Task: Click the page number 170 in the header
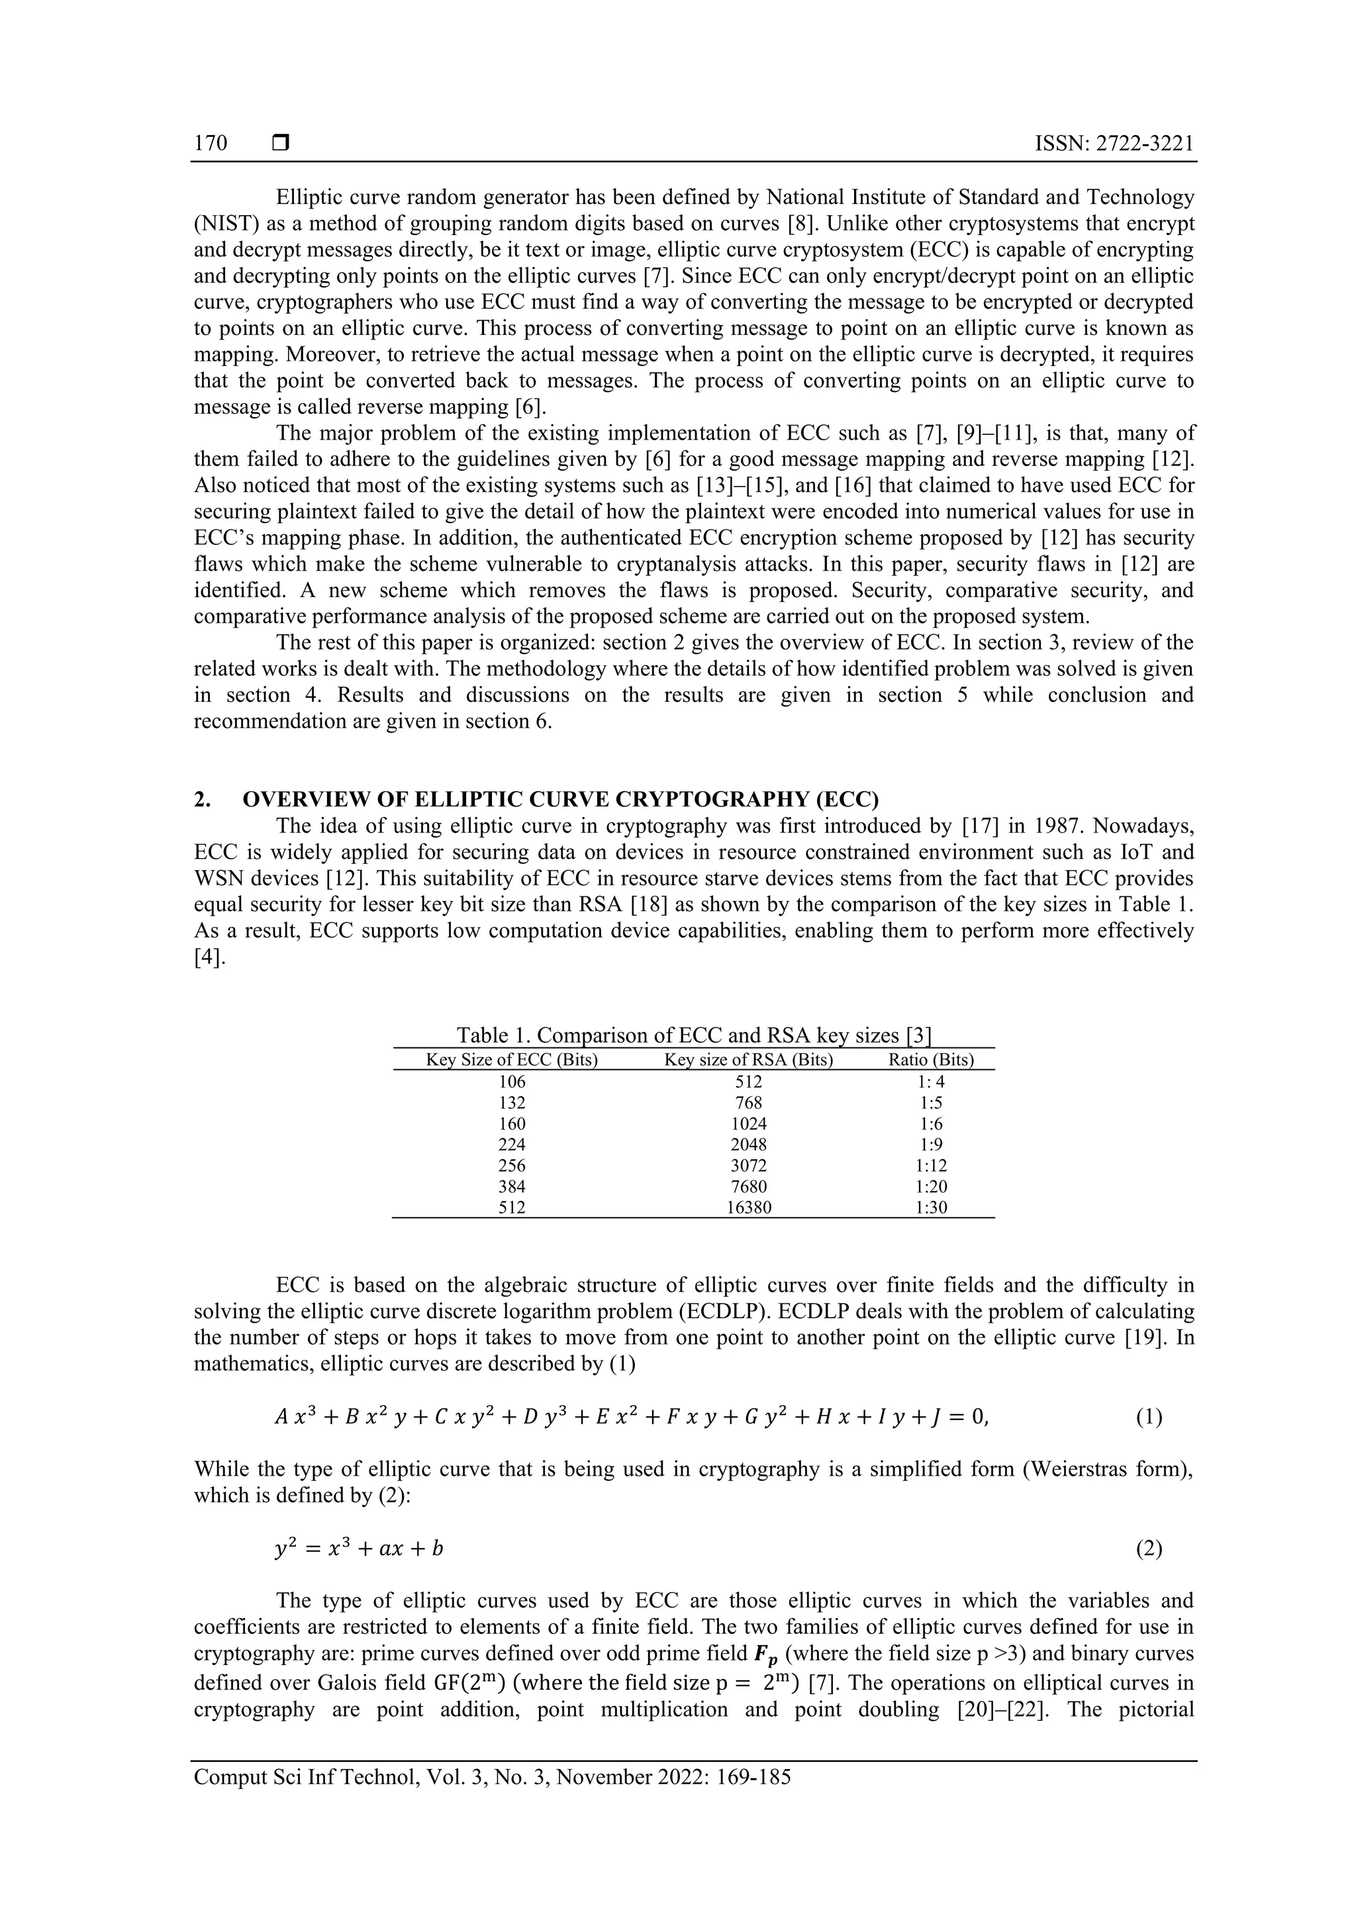pyautogui.click(x=211, y=143)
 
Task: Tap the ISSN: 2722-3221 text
pyautogui.click(x=1114, y=143)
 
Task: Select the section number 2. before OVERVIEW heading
pyautogui.click(x=202, y=800)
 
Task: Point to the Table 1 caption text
pyautogui.click(x=693, y=1036)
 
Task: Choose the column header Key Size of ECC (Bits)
pyautogui.click(x=511, y=1060)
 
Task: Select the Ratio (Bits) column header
pyautogui.click(x=931, y=1060)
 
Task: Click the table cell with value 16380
pyautogui.click(x=749, y=1207)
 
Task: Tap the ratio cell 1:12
pyautogui.click(x=931, y=1165)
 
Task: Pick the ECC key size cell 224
pyautogui.click(x=511, y=1145)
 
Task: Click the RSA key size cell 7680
pyautogui.click(x=749, y=1186)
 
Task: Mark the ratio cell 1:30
pyautogui.click(x=931, y=1207)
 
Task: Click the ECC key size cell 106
pyautogui.click(x=511, y=1082)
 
